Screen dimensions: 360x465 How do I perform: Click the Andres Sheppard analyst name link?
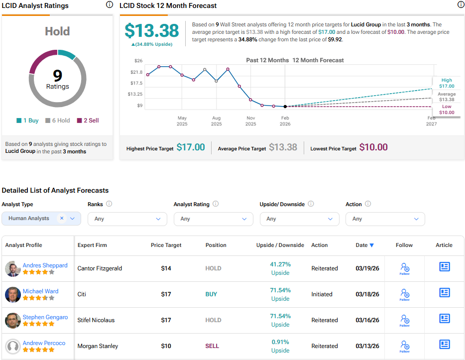tap(45, 265)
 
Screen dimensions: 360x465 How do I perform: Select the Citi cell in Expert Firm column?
tap(82, 294)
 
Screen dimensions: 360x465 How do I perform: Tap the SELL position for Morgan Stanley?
tap(212, 346)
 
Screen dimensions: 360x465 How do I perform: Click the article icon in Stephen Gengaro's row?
tap(444, 319)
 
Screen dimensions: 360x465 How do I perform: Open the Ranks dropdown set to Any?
tap(127, 219)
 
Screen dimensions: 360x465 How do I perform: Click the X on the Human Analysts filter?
tap(62, 218)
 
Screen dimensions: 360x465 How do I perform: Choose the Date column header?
tap(361, 245)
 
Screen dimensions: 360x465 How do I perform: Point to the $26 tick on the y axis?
tap(138, 61)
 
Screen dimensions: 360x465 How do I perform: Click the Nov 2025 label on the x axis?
tap(250, 120)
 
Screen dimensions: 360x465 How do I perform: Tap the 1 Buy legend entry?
tap(27, 120)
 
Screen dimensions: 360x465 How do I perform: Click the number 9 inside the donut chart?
tap(58, 75)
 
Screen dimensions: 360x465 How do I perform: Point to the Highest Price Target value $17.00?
tap(191, 147)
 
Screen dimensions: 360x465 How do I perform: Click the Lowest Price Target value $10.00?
tap(374, 147)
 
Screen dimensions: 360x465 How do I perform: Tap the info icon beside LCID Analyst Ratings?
tap(109, 5)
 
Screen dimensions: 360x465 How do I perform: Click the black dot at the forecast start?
tap(285, 107)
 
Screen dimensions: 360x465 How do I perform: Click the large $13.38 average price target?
tap(151, 31)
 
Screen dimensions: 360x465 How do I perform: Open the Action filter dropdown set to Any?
tap(385, 219)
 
